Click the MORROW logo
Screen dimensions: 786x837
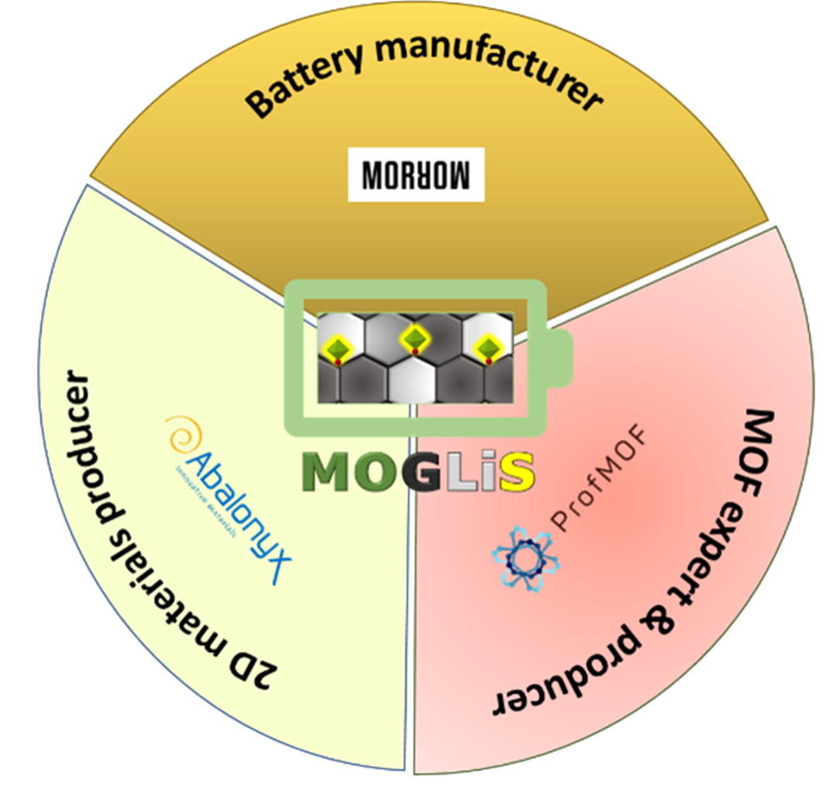(416, 174)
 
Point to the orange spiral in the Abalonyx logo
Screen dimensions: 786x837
(180, 431)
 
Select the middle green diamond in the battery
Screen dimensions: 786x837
(415, 340)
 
